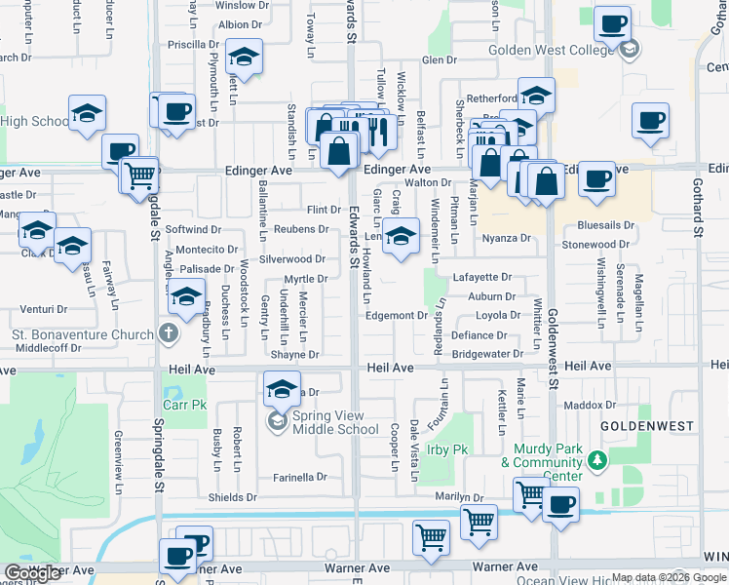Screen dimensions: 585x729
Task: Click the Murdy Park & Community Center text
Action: click(x=548, y=455)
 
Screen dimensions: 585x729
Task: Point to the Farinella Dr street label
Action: click(x=300, y=478)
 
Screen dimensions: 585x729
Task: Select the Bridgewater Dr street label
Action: click(x=487, y=354)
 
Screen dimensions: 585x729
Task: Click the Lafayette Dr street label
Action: click(x=482, y=277)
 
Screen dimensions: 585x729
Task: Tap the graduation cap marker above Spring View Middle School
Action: click(x=282, y=390)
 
